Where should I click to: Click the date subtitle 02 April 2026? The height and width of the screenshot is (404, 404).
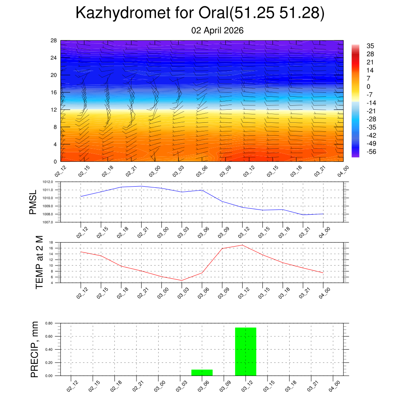click(217, 30)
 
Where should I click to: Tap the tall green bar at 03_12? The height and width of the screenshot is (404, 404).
click(245, 351)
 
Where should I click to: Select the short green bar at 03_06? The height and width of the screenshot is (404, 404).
click(202, 372)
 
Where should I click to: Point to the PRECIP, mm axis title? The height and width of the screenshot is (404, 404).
click(35, 349)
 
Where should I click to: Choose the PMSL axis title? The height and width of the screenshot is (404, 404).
click(33, 202)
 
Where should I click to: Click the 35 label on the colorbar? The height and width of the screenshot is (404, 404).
click(370, 46)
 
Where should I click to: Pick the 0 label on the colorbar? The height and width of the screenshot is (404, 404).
click(368, 86)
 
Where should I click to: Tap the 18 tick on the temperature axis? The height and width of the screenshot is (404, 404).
click(51, 242)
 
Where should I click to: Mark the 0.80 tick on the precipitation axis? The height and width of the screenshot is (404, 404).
click(49, 323)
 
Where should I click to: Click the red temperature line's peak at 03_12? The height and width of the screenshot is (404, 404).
click(242, 245)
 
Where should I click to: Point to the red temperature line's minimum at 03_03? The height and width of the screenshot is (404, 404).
click(181, 280)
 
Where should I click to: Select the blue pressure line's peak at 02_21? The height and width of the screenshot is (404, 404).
click(141, 186)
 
